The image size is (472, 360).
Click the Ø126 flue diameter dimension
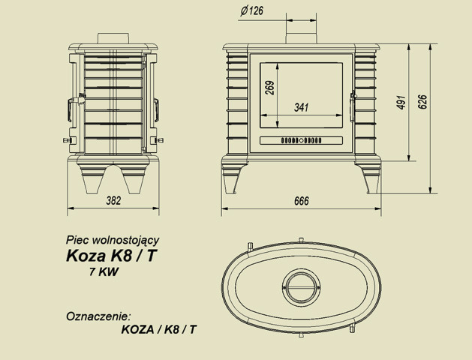click(252, 10)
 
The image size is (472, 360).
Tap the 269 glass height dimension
click(270, 88)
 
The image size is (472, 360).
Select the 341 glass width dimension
click(302, 107)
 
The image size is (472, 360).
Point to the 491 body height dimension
click(401, 102)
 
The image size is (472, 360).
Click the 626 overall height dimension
click(422, 102)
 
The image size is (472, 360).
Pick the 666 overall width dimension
click(302, 201)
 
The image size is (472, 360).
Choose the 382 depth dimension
click(113, 200)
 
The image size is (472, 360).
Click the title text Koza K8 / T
click(111, 256)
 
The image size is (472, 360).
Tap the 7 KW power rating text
click(104, 272)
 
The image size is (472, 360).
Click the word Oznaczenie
click(99, 316)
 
